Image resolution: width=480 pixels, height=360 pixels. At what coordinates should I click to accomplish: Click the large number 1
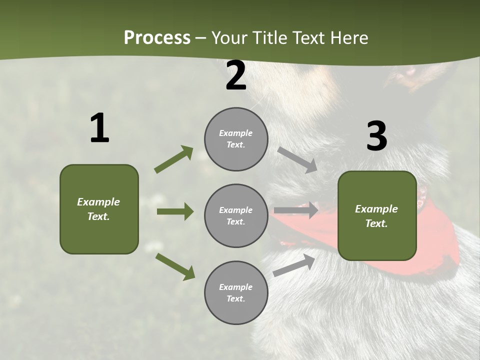pos(99,128)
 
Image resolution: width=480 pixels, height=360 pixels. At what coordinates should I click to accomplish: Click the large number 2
pos(236,76)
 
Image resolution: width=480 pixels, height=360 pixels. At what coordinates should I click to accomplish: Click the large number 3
pos(376,136)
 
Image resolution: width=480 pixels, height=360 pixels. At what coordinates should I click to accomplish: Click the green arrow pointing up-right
pos(174,159)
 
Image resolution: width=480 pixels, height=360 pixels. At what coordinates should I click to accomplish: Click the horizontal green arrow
pos(175,211)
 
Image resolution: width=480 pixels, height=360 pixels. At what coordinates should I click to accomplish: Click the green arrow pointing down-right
pos(175,266)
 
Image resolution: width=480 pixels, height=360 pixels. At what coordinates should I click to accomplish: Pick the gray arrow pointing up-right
pos(294,265)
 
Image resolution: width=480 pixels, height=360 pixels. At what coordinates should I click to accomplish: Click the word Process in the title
pos(157,37)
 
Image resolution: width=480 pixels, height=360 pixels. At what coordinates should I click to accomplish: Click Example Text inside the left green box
pos(98,209)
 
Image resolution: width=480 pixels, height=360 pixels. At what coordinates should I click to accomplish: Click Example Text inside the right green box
pos(376,216)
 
